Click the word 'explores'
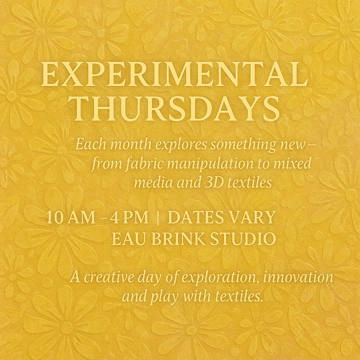point(181,145)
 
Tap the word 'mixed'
point(293,163)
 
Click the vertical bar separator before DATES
point(158,218)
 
